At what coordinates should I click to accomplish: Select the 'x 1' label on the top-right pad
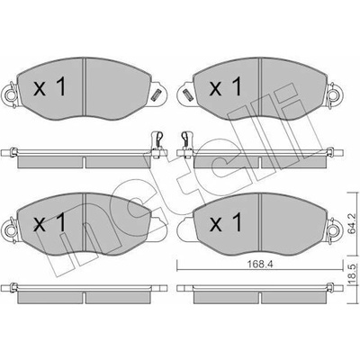tap(225, 86)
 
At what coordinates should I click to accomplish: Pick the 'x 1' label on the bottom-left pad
tap(49, 222)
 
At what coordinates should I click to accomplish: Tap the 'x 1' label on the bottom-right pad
tap(225, 222)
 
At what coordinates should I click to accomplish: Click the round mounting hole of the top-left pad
tap(12, 95)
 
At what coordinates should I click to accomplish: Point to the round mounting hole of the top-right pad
tap(332, 95)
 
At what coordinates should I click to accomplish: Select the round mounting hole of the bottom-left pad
tap(12, 230)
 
